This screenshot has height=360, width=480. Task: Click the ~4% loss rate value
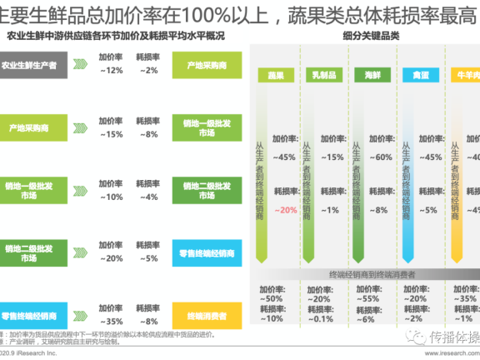click(147, 197)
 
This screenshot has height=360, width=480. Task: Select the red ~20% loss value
click(287, 210)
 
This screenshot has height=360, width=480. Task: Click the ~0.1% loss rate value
click(320, 317)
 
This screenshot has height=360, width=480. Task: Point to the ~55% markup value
click(367, 297)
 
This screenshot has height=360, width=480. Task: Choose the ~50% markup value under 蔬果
click(272, 297)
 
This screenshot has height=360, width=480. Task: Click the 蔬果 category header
click(276, 75)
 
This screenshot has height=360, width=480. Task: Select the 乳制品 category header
click(322, 75)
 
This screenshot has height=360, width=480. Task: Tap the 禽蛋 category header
click(417, 75)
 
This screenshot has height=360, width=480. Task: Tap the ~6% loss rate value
click(367, 317)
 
